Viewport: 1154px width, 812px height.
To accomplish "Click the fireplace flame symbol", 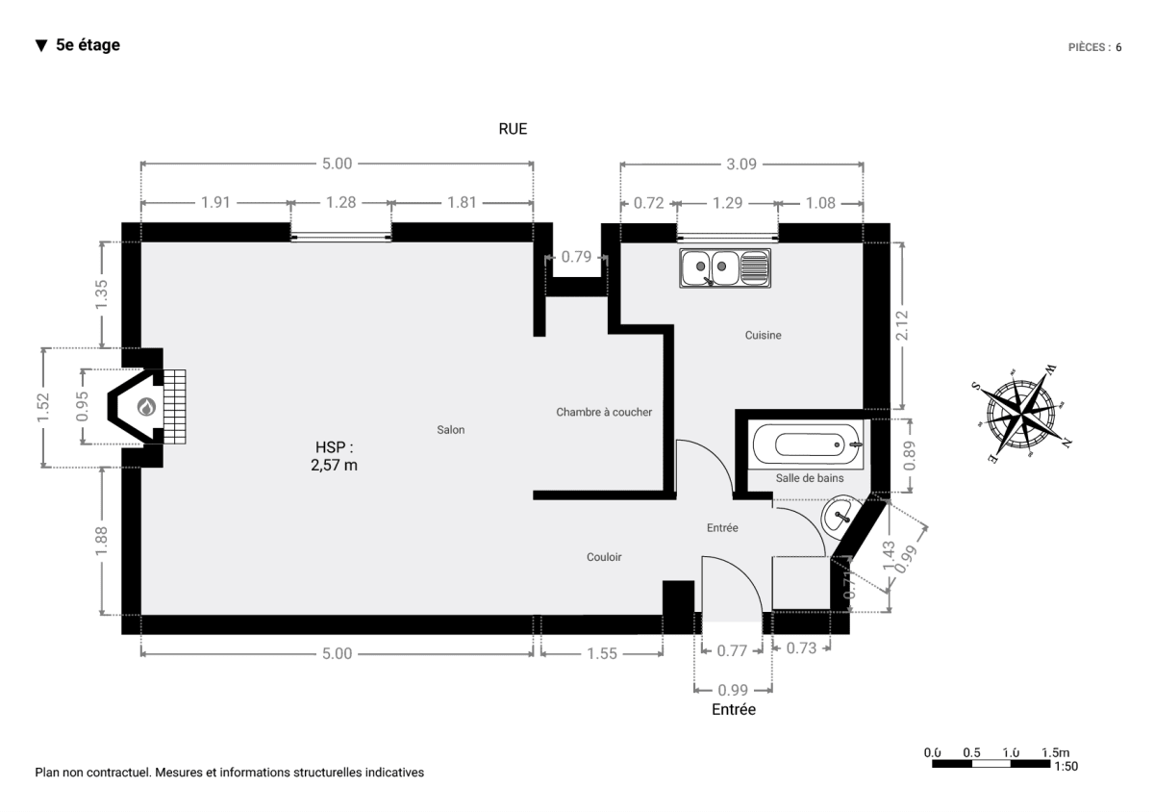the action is (147, 407).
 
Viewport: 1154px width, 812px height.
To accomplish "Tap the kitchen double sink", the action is (725, 268).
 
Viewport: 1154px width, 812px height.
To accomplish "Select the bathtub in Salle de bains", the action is (806, 444).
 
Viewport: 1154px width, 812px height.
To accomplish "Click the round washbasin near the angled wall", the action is (840, 516).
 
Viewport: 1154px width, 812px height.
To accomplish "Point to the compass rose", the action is (1021, 413).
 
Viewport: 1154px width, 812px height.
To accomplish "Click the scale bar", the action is (991, 764).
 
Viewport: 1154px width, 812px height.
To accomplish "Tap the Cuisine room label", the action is (763, 335).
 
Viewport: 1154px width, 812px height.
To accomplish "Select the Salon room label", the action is (451, 429).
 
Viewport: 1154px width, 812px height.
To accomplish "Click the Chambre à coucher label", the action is (604, 412).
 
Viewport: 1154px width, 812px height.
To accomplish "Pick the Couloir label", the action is (604, 557).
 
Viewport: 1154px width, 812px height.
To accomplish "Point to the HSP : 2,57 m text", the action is (334, 456).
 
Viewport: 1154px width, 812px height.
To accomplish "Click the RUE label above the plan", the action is (513, 129).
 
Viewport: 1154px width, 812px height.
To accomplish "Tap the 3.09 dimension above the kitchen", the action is (741, 164).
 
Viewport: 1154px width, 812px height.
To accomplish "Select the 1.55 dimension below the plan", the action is (602, 653).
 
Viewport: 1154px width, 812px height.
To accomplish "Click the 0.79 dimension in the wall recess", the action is (576, 257).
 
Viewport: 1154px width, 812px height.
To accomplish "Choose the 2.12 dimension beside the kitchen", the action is (902, 326).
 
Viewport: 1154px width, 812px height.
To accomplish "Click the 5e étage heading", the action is (88, 45).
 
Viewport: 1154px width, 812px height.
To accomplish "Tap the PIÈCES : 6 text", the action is (1094, 47).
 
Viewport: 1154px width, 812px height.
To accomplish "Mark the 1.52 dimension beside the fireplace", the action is (42, 407).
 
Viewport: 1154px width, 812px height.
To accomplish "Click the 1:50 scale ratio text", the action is (1066, 767).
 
